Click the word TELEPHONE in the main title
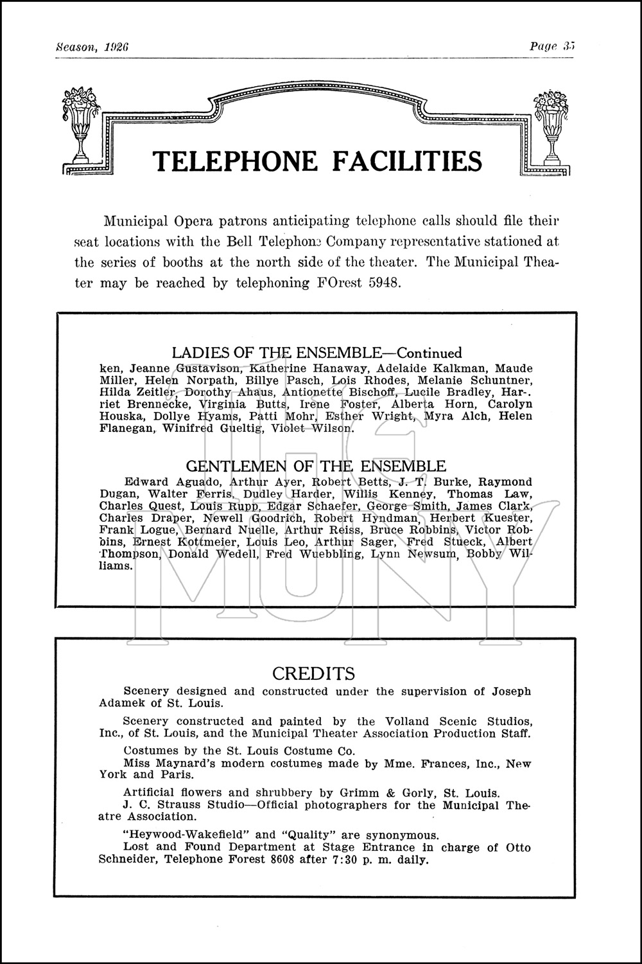235,161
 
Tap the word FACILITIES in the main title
406,161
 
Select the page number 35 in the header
567,46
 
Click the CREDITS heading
313,674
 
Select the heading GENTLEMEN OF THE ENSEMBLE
316,466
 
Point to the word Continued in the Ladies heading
429,353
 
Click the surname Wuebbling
329,554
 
